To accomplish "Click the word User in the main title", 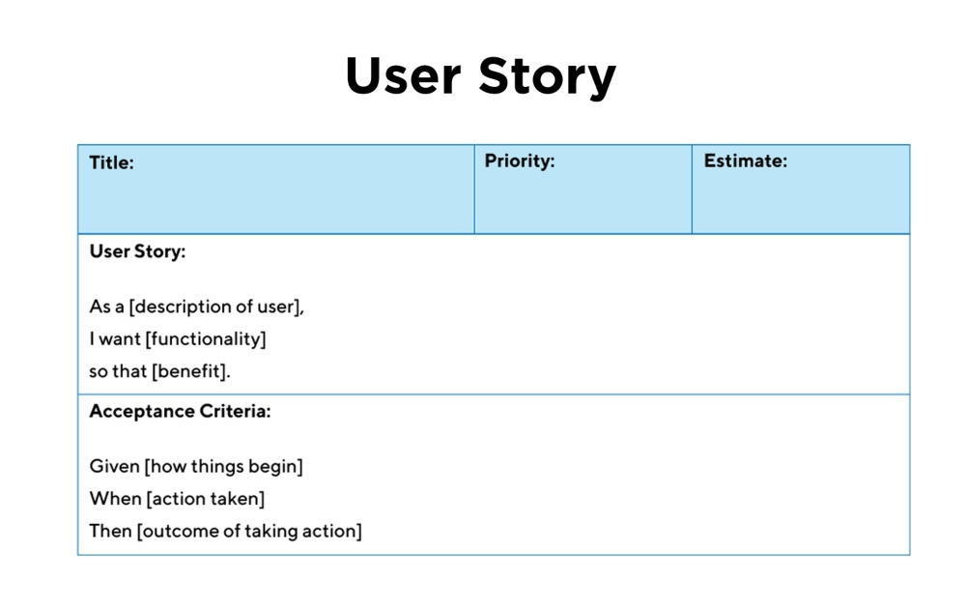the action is coord(404,75).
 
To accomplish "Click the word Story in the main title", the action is coord(548,77).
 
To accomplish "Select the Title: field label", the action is coord(111,162).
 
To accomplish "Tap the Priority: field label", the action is coord(520,160).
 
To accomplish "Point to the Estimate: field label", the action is coord(746,160).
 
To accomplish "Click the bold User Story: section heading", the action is coord(137,251).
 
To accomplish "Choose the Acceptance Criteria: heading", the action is coord(180,411).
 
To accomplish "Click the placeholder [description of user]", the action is coord(215,306).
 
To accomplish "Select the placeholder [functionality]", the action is coord(206,339).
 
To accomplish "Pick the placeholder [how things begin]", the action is coord(224,467).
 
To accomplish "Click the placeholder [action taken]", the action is coord(206,499).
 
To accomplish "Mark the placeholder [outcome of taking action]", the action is coord(249,531).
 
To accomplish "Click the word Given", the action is coord(115,466).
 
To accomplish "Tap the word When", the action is coord(115,498).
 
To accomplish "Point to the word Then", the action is coord(110,531).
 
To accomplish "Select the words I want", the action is coord(115,339).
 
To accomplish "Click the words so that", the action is coord(118,371).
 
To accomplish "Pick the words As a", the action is coord(106,306).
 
